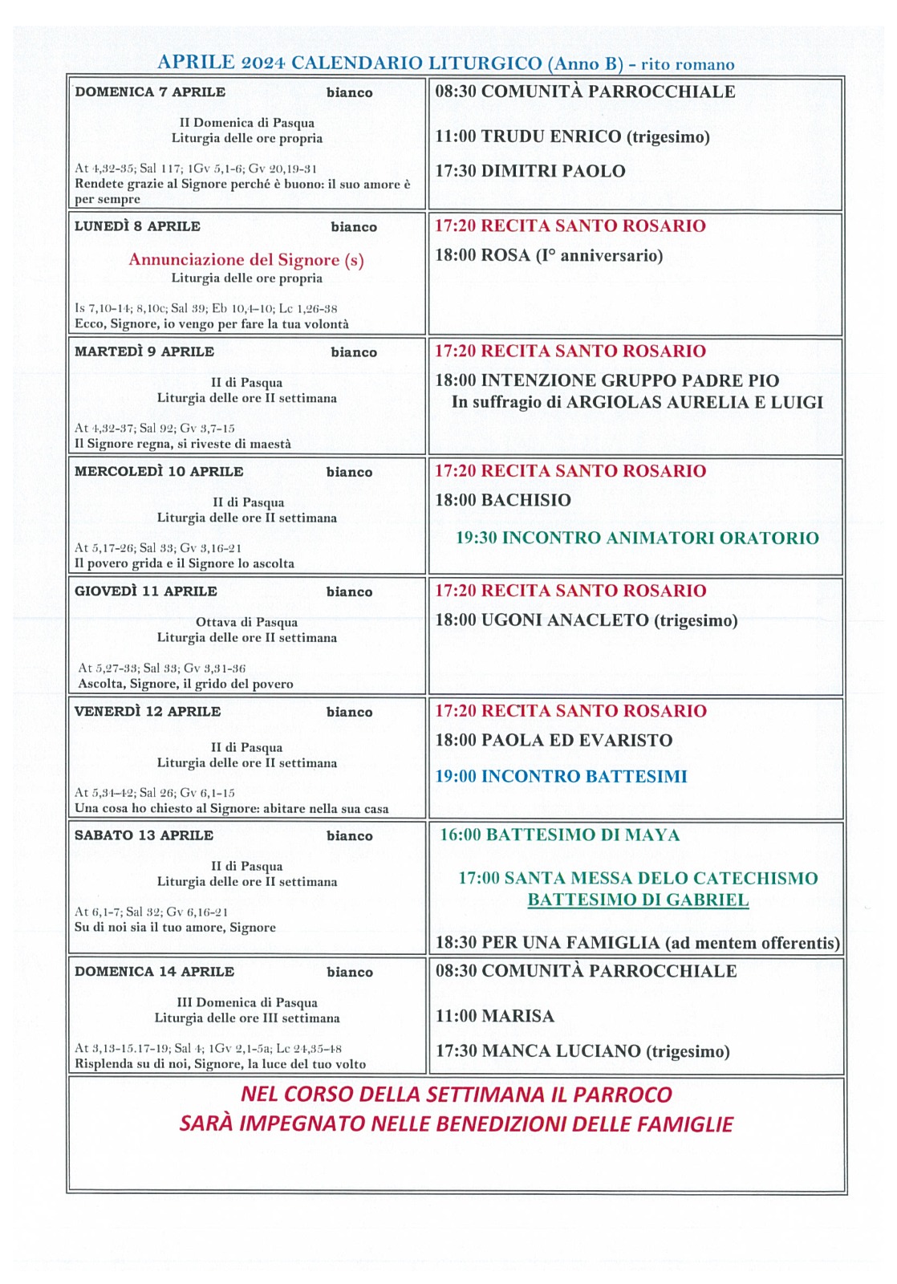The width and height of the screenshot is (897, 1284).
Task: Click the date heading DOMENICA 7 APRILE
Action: coord(150,92)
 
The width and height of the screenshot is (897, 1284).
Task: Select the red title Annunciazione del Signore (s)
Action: coord(246,260)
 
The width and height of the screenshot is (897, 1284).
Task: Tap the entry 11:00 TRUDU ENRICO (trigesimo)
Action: coord(572,136)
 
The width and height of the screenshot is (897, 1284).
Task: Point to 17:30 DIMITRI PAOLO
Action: coord(530,171)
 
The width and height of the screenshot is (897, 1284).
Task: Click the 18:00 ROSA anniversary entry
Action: coord(549,256)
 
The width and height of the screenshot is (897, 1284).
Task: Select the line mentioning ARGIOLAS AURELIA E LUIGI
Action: coord(637,403)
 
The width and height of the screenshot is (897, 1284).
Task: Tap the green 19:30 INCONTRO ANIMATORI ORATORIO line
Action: coord(637,538)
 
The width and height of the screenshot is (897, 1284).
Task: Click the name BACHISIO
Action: coord(526,500)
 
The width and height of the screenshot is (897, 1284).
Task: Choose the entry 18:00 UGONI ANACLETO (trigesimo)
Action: coord(586,620)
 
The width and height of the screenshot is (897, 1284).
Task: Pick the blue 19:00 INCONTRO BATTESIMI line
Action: coord(561,777)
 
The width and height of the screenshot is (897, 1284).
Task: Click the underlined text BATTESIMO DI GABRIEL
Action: coord(638,900)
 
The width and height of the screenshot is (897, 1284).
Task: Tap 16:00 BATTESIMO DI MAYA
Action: coord(559,835)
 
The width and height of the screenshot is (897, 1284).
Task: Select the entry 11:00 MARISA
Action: coord(494,1017)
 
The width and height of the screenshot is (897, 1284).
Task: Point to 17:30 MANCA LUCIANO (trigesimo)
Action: coord(582,1051)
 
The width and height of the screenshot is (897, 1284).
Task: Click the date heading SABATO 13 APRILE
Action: coord(144,835)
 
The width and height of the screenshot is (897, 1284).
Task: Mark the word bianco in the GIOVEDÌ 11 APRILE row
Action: coord(349,592)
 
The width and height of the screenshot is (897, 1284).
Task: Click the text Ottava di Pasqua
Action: coord(246,623)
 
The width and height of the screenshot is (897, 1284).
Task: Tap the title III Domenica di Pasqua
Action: coord(246,1003)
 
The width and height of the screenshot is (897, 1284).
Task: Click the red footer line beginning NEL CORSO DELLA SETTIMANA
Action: coord(456,1095)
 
